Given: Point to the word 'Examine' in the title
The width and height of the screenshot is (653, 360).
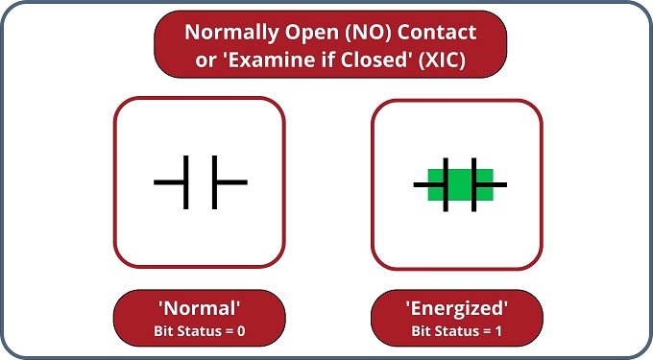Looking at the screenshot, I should [258, 58].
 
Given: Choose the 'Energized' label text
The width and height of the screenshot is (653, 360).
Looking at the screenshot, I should [456, 310].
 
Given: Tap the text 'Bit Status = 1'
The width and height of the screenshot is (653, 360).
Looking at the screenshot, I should [456, 332].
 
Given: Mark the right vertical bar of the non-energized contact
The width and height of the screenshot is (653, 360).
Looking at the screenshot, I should [214, 182].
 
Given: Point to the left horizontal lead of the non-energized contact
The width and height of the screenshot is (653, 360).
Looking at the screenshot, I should [169, 182].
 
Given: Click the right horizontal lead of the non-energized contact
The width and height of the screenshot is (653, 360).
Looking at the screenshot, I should [231, 182].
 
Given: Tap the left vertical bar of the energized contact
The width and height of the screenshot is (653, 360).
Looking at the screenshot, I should [446, 182].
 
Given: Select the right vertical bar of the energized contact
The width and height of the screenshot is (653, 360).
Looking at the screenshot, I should [473, 182].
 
